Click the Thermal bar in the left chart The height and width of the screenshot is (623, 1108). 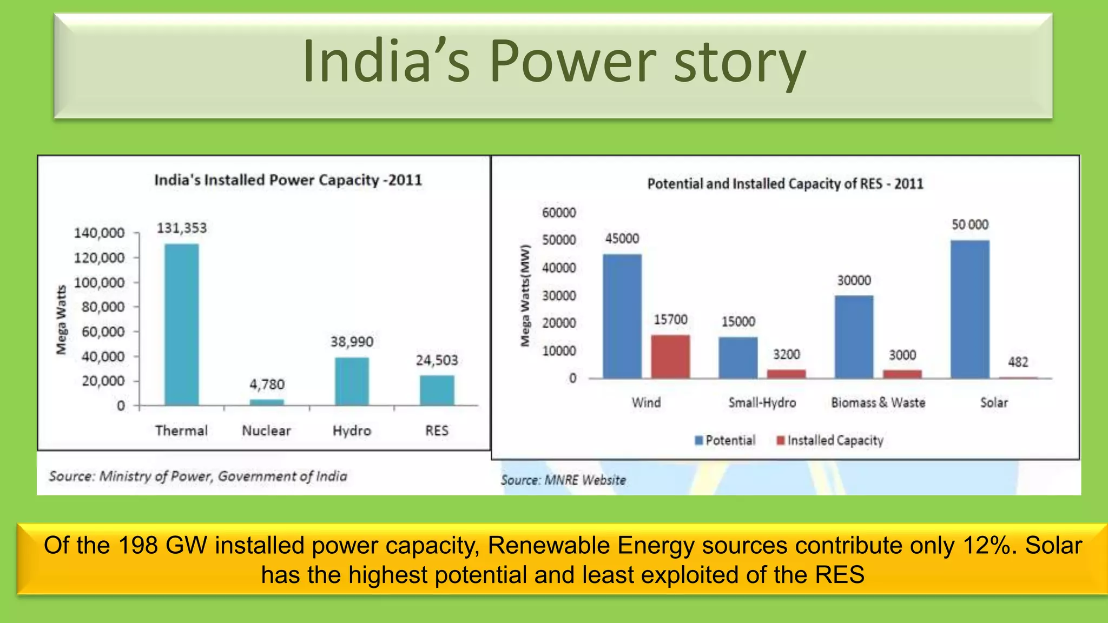(181, 324)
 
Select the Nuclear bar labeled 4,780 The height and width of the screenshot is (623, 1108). (267, 402)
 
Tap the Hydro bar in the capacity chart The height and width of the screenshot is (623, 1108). (352, 381)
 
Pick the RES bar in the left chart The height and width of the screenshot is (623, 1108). (437, 390)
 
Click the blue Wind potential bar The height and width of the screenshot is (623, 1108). (622, 316)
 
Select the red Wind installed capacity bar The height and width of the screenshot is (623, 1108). (670, 356)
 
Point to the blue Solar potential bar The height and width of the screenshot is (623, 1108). (969, 309)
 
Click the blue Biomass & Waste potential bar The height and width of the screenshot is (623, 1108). (854, 337)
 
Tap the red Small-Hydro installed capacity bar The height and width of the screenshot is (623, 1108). (786, 374)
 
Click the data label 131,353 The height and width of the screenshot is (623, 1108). (182, 228)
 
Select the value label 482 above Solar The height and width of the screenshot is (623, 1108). (1018, 362)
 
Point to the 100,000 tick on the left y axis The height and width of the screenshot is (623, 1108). (99, 282)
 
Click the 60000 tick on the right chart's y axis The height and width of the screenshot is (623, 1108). (559, 213)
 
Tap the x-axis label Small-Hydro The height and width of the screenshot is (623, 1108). (762, 402)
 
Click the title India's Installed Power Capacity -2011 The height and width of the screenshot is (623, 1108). (288, 180)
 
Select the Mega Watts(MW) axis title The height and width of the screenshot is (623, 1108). (525, 295)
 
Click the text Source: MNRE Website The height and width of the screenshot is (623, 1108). (563, 480)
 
